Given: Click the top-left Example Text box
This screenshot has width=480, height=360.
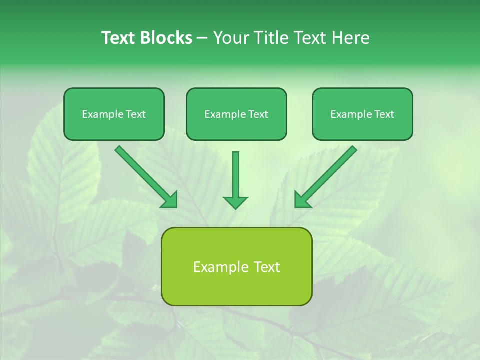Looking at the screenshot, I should tap(114, 114).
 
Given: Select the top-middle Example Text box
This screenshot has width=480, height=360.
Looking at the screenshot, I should tap(236, 114).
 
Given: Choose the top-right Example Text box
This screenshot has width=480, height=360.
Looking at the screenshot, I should tap(362, 114).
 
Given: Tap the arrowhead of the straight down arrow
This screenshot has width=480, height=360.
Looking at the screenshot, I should tap(235, 202).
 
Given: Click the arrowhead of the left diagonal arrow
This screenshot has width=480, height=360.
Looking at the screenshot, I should tap(170, 200).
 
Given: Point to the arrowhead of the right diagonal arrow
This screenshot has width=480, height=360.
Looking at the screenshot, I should tap(301, 200).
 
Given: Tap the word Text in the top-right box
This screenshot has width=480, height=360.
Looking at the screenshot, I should tap(384, 114).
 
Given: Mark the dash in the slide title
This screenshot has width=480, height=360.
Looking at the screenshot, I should tap(202, 38).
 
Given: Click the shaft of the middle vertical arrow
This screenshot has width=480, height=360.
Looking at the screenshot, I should tap(235, 173).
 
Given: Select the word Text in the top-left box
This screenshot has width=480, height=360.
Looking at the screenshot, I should tap(136, 114).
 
